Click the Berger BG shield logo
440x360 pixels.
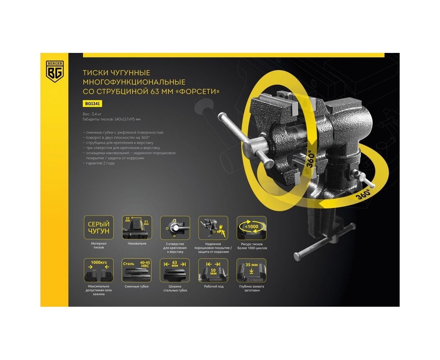click(x=55, y=71)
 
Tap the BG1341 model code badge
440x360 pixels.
click(x=92, y=104)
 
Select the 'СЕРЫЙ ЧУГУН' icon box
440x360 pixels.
click(x=99, y=228)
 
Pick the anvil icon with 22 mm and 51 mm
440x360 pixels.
click(x=137, y=228)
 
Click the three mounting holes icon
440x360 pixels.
click(x=175, y=228)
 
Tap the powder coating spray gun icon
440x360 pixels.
click(x=213, y=228)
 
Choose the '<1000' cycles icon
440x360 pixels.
click(x=251, y=228)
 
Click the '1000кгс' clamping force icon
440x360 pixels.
click(x=99, y=270)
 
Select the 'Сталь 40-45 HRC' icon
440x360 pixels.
click(x=137, y=270)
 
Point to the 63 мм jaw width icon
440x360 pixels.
click(x=175, y=270)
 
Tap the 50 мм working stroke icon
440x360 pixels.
click(x=213, y=270)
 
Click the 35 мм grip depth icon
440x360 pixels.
click(x=251, y=270)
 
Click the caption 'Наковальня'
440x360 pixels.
click(x=137, y=243)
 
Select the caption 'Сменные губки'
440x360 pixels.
click(x=137, y=287)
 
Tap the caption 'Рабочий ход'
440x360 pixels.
click(x=214, y=287)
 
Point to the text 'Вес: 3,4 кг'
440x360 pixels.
click(x=92, y=114)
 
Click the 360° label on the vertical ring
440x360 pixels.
click(x=310, y=159)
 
